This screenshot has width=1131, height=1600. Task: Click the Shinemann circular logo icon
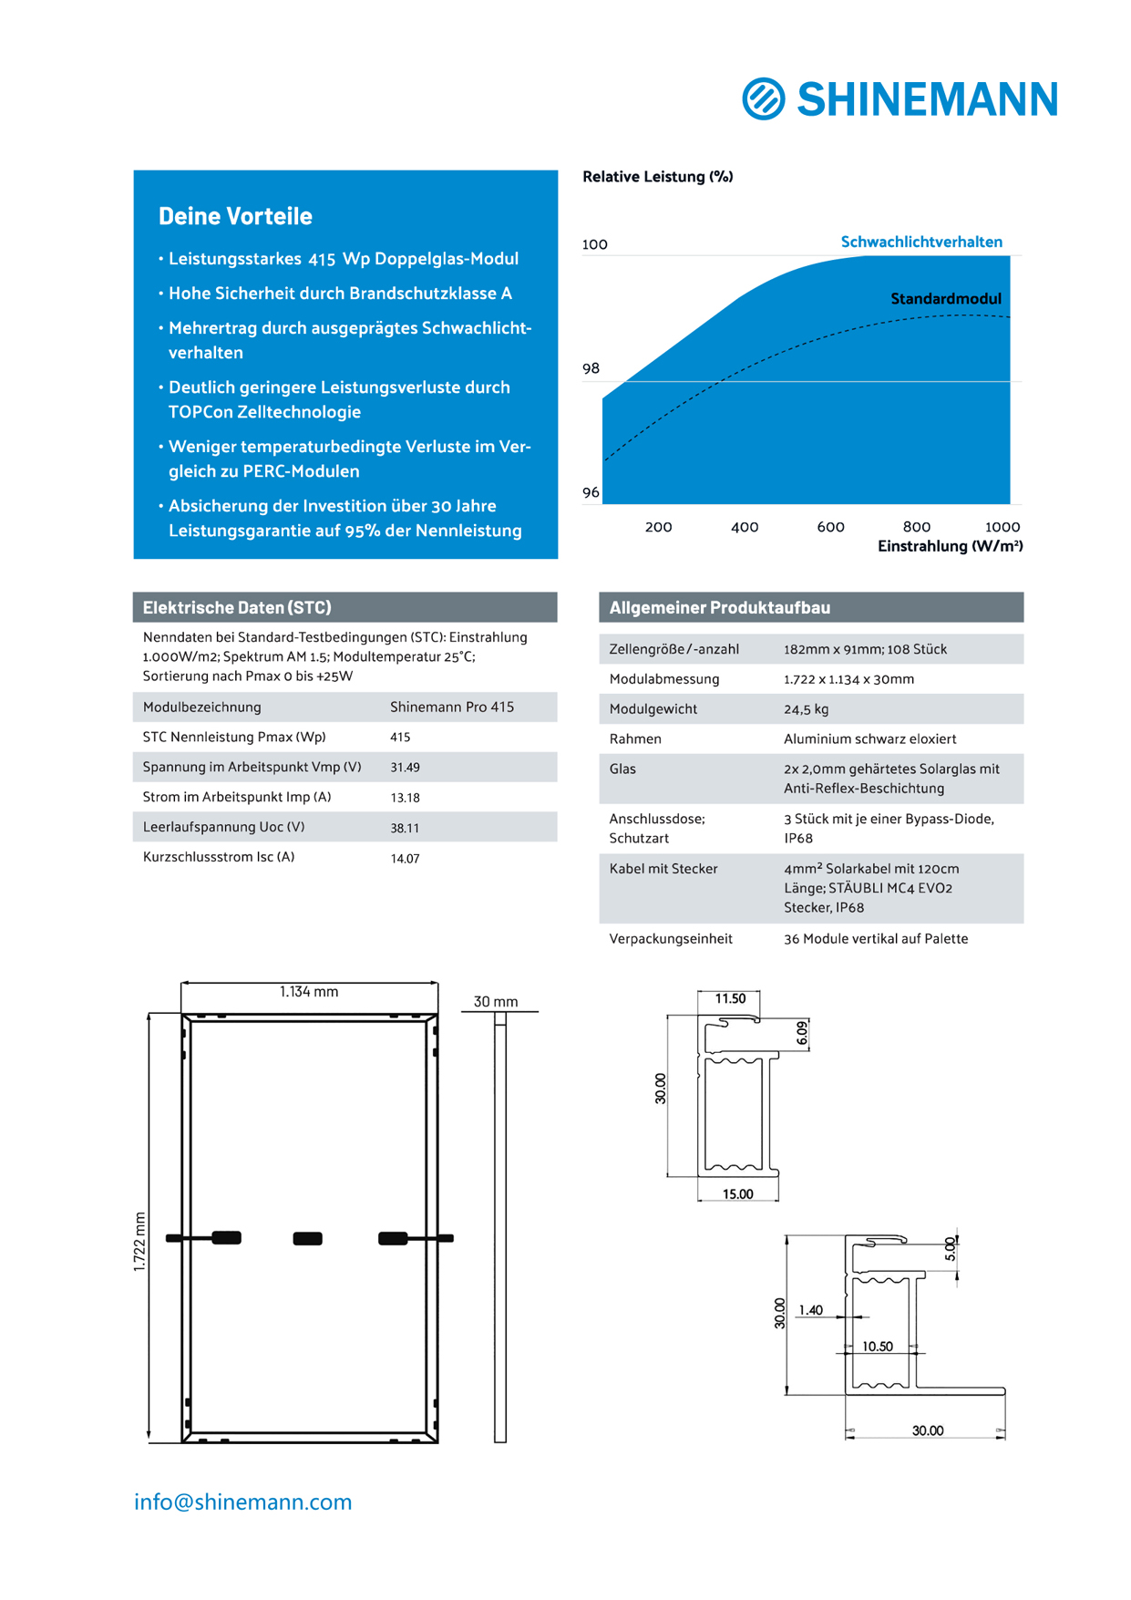pos(763,98)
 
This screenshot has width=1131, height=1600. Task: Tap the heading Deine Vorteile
pos(235,216)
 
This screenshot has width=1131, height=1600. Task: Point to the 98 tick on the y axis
pos(591,368)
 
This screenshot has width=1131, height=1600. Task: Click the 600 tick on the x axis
pos(830,527)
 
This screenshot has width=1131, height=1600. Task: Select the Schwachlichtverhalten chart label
pos(920,242)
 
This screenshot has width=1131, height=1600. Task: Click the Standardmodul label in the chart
pos(945,299)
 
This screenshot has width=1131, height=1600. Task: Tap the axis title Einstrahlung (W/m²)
pos(950,546)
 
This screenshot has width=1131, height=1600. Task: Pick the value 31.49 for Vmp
pos(405,768)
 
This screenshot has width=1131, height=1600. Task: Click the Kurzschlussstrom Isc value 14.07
pos(405,858)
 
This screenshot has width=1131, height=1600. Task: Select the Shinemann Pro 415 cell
pos(451,707)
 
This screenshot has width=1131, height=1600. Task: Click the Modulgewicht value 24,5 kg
pos(806,709)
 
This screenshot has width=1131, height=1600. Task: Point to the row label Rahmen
pos(635,738)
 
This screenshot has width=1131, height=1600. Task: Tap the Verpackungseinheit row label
pos(670,938)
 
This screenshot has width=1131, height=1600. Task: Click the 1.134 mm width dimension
pos(308,992)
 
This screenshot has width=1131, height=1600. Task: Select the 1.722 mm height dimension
pos(139,1241)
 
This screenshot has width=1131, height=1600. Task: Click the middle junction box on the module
pos(307,1238)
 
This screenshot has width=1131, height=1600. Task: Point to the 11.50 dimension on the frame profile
pos(729,998)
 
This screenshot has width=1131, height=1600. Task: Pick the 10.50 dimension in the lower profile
pos(877,1346)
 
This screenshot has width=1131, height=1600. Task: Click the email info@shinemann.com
pos(242,1502)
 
